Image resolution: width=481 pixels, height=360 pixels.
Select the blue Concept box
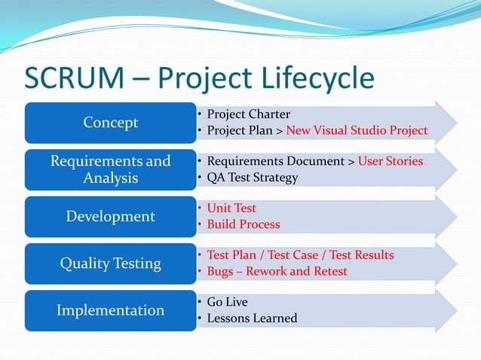click(110, 123)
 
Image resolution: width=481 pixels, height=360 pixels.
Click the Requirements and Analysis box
click(110, 169)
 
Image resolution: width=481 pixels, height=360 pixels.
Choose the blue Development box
click(110, 216)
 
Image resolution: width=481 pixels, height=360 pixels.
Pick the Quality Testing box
click(110, 263)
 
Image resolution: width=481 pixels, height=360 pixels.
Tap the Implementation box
click(110, 310)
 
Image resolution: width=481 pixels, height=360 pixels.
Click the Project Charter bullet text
click(248, 114)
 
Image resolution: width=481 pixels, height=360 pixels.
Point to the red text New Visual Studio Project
click(356, 131)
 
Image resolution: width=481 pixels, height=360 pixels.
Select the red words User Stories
click(391, 161)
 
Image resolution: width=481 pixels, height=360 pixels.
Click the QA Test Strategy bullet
click(252, 178)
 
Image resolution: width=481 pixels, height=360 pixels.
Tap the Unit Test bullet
click(231, 208)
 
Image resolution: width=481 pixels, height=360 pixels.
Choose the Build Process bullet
click(243, 224)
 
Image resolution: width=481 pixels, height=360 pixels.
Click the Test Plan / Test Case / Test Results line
click(300, 255)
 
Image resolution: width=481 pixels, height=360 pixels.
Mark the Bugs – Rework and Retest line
click(277, 271)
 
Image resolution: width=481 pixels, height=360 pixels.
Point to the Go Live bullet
click(227, 302)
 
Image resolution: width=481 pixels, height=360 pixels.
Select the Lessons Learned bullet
click(252, 319)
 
